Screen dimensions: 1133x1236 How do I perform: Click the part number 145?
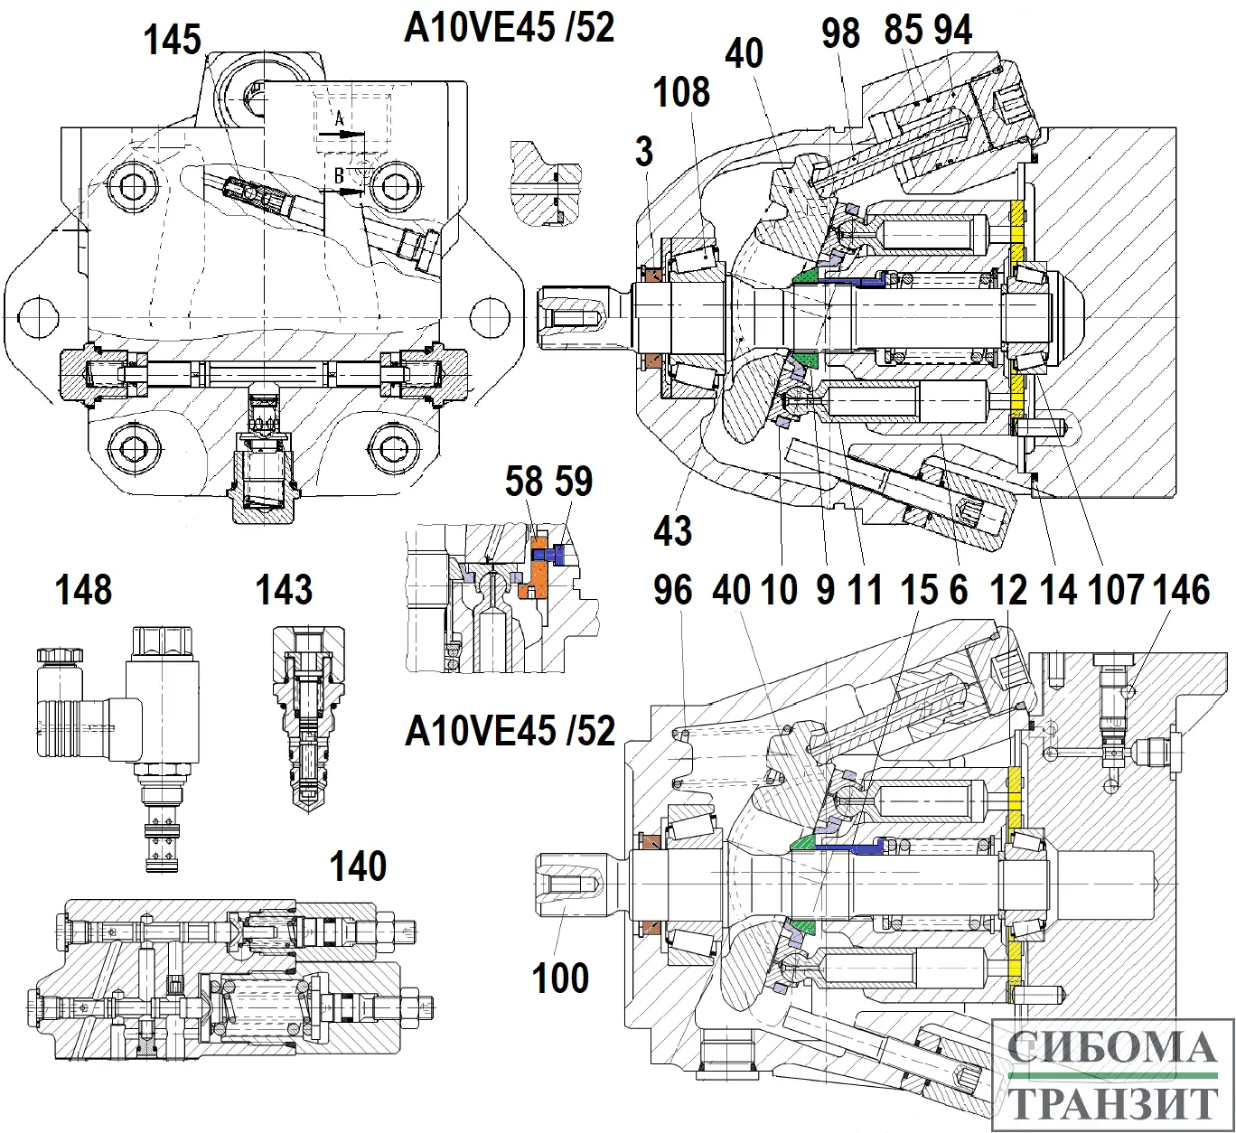pos(173,40)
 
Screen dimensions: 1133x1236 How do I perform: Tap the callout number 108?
pos(682,91)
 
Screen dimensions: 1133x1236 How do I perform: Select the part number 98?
pos(841,33)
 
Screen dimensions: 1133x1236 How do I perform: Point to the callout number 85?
pos(904,32)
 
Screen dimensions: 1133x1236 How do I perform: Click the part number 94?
pos(953,32)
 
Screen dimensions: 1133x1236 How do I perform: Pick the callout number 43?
pos(673,530)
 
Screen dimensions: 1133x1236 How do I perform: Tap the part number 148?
pos(84,590)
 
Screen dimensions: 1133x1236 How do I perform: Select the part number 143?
pos(285,590)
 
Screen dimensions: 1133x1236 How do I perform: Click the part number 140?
pos(359,866)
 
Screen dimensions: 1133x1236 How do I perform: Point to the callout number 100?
pos(561,978)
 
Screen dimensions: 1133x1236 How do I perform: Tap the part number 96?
pos(673,590)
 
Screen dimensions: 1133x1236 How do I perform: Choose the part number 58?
pos(524,482)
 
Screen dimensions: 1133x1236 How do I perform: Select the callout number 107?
pos(1118,590)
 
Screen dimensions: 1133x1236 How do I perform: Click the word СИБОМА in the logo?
pos(1112,1048)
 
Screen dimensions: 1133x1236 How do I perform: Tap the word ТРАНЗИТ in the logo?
pos(1112,1103)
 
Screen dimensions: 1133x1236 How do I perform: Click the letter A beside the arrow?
pos(340,119)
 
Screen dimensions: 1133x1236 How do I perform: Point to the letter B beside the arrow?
pos(340,176)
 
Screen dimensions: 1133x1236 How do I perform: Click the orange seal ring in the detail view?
pos(539,570)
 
